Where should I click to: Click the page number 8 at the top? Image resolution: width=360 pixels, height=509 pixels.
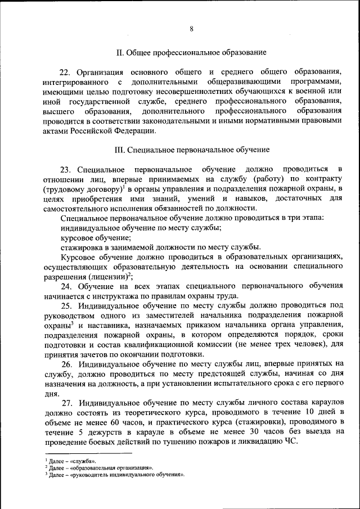click(x=191, y=29)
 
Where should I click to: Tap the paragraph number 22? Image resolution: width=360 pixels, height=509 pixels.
click(x=65, y=72)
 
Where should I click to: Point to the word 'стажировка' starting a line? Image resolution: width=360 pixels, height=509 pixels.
click(x=81, y=247)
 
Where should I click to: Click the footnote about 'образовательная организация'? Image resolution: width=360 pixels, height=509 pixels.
click(x=100, y=467)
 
